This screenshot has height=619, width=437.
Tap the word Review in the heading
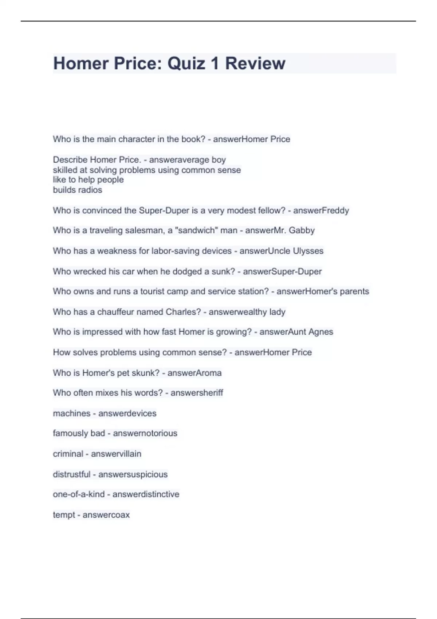click(255, 63)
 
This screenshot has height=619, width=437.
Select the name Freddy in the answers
click(335, 210)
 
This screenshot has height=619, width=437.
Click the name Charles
click(183, 312)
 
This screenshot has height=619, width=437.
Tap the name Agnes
click(320, 332)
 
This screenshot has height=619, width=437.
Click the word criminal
click(68, 454)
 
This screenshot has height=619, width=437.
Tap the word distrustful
click(71, 474)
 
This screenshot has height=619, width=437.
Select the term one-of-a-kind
click(79, 494)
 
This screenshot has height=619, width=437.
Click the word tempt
click(64, 515)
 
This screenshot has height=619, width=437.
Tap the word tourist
click(155, 291)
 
